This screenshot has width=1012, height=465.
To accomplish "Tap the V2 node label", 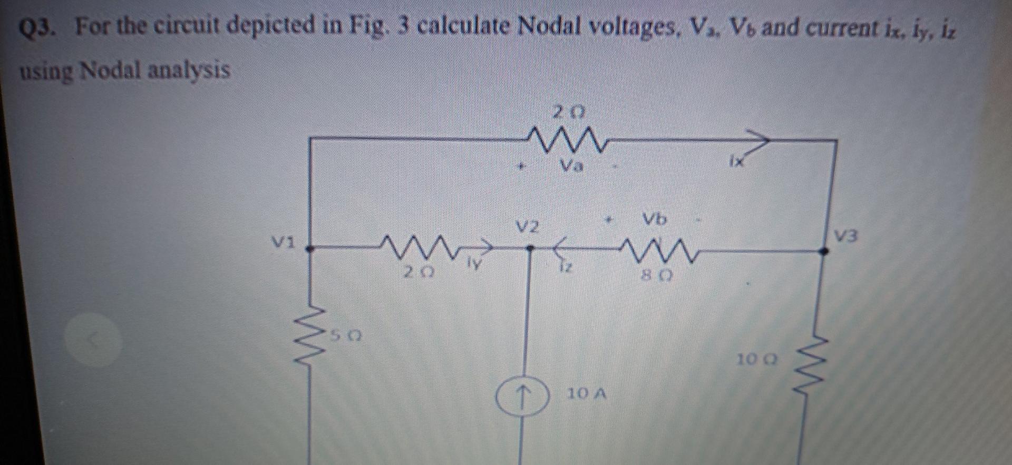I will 528,227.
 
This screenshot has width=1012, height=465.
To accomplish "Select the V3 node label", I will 845,236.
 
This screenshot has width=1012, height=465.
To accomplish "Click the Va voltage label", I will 571,167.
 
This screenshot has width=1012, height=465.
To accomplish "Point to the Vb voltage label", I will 654,219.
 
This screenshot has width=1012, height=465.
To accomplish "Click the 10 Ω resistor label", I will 757,360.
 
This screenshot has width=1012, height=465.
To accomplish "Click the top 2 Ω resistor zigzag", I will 568,140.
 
